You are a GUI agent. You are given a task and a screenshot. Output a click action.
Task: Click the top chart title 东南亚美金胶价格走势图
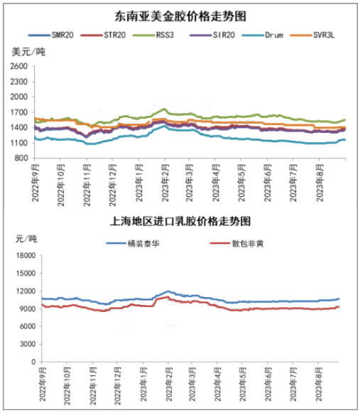[x=180, y=16]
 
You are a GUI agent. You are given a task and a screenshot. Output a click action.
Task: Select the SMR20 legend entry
[x=51, y=35]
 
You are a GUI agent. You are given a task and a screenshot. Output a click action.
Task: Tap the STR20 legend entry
[x=103, y=35]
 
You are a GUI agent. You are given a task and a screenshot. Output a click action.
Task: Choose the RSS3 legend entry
[x=153, y=35]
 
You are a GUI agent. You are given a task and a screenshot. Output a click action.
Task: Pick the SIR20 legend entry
[x=212, y=35]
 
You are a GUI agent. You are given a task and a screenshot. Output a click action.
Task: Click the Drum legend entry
[x=263, y=35]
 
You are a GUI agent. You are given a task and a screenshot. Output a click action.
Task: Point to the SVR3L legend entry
[x=312, y=35]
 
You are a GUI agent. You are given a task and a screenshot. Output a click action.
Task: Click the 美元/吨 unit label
[x=28, y=51]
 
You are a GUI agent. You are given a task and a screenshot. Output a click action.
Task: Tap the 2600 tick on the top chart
[x=19, y=66]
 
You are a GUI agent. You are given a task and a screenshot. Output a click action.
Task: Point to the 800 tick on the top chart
[x=21, y=159]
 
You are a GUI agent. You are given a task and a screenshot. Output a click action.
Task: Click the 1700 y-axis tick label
[x=19, y=112]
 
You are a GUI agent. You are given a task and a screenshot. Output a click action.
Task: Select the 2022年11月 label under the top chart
[x=87, y=185]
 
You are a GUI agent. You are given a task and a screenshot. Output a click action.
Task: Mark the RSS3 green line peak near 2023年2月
[x=165, y=109]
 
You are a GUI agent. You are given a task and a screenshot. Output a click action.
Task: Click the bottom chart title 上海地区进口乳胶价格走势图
[x=180, y=221]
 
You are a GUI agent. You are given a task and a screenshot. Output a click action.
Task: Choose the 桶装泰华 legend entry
[x=133, y=244]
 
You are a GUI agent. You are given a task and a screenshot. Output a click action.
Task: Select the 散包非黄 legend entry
[x=237, y=244]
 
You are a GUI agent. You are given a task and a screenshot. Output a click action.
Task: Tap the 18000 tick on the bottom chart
[x=26, y=256]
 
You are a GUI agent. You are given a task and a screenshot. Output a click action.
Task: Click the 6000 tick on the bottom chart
[x=28, y=326]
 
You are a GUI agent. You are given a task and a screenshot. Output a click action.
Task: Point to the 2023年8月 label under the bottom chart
[x=319, y=385]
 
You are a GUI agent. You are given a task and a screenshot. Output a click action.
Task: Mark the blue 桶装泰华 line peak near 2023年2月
[x=168, y=291]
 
